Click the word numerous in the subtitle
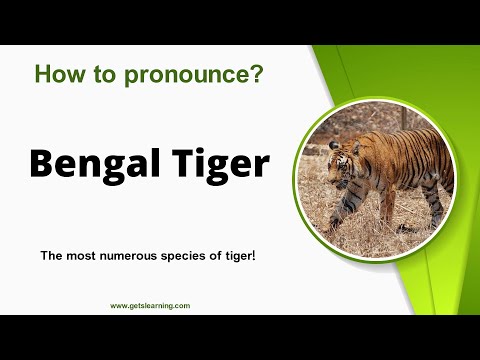133,257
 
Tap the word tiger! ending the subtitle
240,257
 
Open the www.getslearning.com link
150,306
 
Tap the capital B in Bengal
40,162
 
